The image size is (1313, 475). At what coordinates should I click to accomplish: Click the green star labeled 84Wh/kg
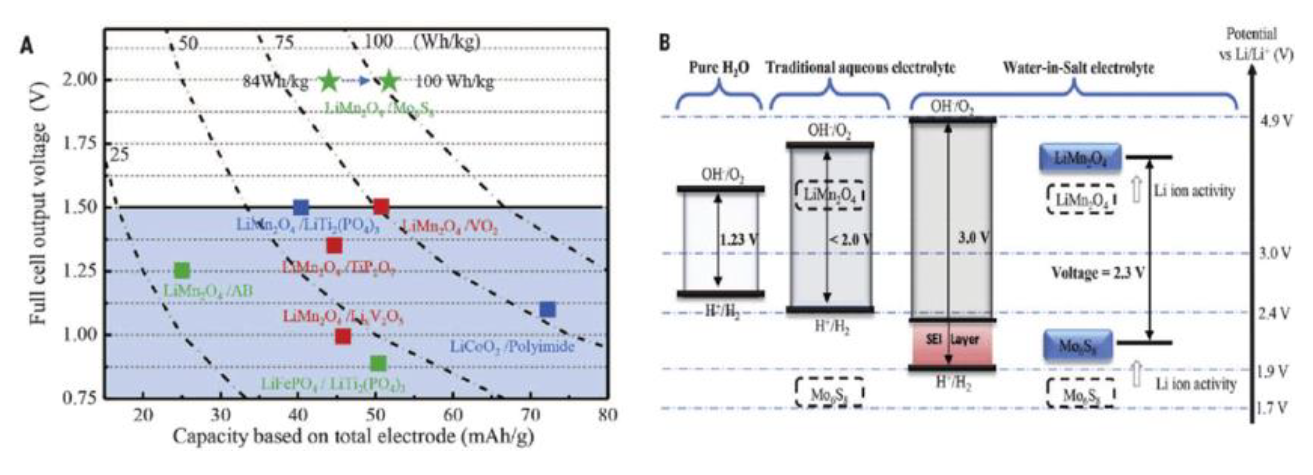tap(329, 80)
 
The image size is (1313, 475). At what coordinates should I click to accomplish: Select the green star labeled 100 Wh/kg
tap(389, 80)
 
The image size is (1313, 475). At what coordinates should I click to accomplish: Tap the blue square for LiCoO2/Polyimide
tap(547, 309)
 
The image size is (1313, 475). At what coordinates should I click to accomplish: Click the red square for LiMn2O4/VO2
tap(381, 207)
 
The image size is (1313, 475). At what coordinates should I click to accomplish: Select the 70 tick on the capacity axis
tap(530, 415)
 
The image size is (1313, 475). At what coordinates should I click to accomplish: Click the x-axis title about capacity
tap(353, 437)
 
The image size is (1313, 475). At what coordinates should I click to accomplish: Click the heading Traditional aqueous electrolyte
tap(860, 68)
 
